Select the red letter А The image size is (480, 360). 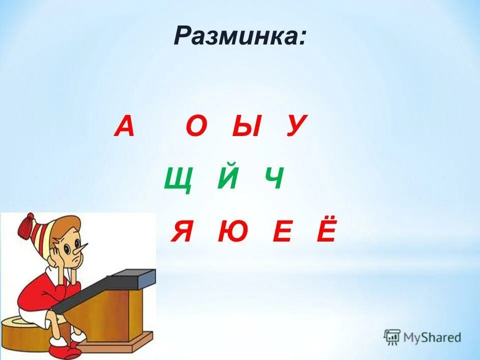124,126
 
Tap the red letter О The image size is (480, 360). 196,126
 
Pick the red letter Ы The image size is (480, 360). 246,126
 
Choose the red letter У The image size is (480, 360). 295,126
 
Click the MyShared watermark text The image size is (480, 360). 432,337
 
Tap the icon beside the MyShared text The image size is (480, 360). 392,337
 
